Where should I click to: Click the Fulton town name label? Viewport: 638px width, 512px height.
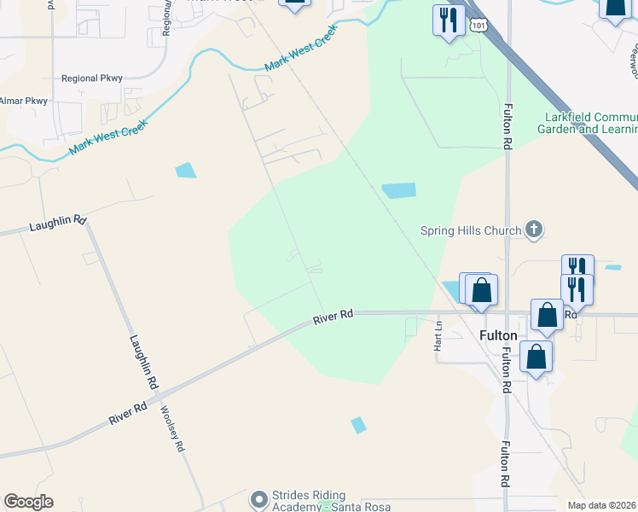point(499,335)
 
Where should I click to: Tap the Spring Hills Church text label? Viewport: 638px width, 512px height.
point(472,230)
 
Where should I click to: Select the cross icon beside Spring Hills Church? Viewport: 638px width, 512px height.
point(534,229)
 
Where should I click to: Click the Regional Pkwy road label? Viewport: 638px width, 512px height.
point(92,79)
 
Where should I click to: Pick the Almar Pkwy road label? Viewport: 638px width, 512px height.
point(23,101)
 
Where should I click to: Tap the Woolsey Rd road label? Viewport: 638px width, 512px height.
point(172,428)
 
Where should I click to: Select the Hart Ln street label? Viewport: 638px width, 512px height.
point(438,335)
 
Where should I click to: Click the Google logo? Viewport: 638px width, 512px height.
point(28,502)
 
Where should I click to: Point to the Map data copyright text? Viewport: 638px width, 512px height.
point(602,505)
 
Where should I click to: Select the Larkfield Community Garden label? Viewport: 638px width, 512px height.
point(587,123)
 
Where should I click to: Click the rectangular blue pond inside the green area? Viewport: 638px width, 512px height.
point(398,190)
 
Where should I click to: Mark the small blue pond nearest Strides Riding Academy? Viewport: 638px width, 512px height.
point(358,424)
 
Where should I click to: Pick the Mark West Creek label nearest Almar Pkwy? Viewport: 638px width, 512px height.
point(108,137)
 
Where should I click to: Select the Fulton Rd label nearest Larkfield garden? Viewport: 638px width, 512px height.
point(507,125)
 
